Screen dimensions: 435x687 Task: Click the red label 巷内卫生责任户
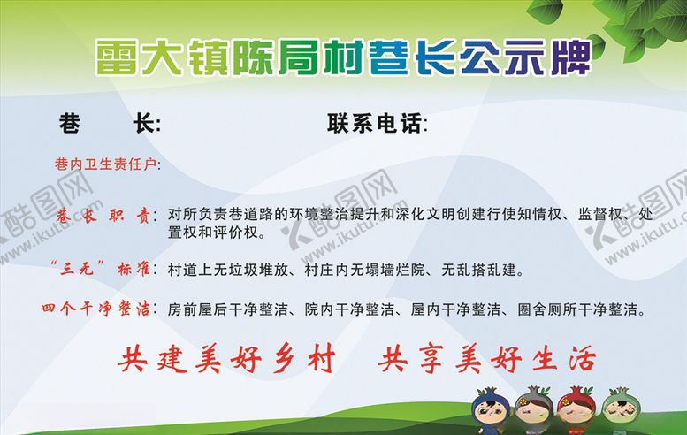105,164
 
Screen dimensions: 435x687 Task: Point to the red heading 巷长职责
103,215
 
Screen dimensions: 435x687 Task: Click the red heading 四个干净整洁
97,309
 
